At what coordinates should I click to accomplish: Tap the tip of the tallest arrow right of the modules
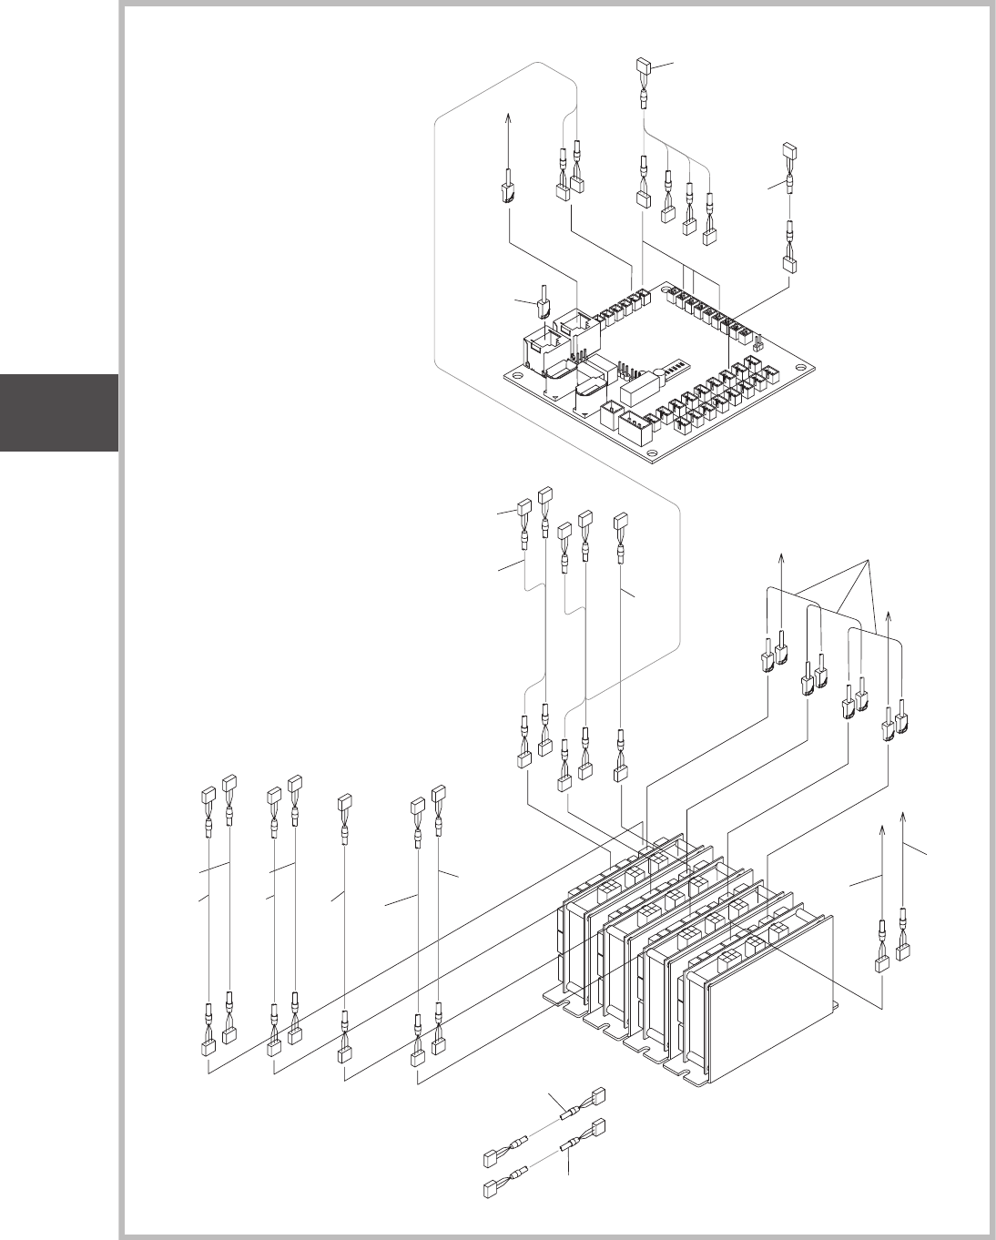(902, 809)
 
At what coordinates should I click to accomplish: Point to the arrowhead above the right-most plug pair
(889, 618)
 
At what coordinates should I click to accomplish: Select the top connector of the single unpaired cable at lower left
(345, 802)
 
